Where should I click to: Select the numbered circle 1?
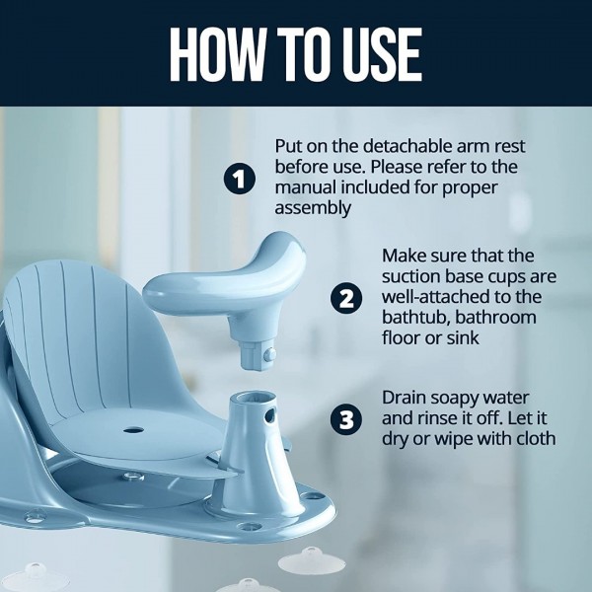tap(239, 180)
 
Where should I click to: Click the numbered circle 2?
tap(345, 298)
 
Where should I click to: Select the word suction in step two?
tap(413, 276)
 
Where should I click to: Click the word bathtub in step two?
tap(415, 319)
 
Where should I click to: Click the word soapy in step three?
tap(459, 397)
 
